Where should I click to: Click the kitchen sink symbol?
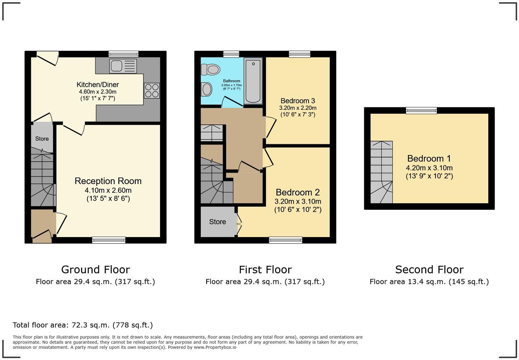[x=123, y=66]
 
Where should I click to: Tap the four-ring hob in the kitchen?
[x=152, y=91]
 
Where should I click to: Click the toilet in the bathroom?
[x=210, y=70]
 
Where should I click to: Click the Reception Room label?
[x=108, y=181]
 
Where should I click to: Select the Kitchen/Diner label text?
[x=97, y=85]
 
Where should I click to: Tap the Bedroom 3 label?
[x=298, y=101]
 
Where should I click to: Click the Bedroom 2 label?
[x=298, y=192]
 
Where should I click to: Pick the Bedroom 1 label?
[x=429, y=158]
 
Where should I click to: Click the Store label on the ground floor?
[x=42, y=139]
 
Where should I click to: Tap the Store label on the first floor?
[x=218, y=222]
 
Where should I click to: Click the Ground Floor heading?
[x=95, y=269]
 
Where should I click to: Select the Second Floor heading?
[x=429, y=269]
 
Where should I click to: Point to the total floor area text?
[x=83, y=325]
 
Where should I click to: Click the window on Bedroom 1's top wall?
[x=421, y=110]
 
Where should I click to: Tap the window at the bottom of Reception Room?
[x=109, y=240]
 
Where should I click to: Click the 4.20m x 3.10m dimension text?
[x=429, y=168]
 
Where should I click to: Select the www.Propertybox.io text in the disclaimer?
[x=215, y=347]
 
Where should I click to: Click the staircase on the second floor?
[x=381, y=172]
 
